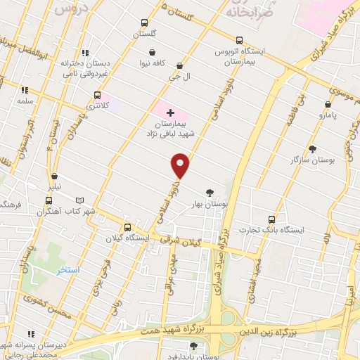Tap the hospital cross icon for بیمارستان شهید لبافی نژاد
pyautogui.click(x=169, y=112)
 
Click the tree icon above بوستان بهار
pyautogui.click(x=209, y=192)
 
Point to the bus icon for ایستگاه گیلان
pyautogui.click(x=127, y=227)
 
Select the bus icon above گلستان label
pyautogui.click(x=145, y=22)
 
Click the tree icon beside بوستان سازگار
pyautogui.click(x=312, y=149)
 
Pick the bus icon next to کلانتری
pyautogui.click(x=97, y=95)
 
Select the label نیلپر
pyautogui.click(x=54, y=186)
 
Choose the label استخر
pyautogui.click(x=68, y=269)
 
